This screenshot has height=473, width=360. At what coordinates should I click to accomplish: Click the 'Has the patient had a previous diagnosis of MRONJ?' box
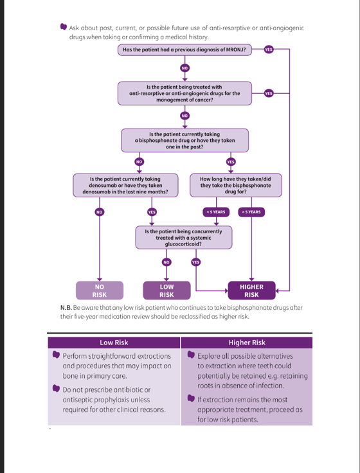(x=184, y=49)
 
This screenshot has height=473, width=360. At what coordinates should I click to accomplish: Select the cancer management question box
(x=184, y=93)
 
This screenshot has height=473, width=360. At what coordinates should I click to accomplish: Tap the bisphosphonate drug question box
(x=184, y=140)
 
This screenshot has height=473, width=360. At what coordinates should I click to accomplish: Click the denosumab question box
(x=125, y=185)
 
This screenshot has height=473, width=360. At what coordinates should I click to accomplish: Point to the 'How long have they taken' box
(x=236, y=185)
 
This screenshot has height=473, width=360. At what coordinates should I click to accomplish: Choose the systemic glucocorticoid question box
(x=184, y=237)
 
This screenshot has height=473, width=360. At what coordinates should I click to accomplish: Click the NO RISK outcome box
(x=100, y=290)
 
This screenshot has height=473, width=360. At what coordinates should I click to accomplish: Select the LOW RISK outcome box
(x=166, y=290)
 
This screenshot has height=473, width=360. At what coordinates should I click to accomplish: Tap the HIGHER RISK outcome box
(x=251, y=290)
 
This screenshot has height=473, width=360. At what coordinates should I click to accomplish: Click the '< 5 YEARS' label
(x=216, y=212)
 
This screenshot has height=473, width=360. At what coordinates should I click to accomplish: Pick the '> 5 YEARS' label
(x=251, y=212)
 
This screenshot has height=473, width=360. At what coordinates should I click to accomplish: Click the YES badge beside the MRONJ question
(x=269, y=49)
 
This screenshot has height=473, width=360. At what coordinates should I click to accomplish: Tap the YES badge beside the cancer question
(x=269, y=94)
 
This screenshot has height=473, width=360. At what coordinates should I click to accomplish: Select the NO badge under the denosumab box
(x=99, y=212)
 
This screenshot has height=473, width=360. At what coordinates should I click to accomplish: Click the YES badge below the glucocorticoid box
(x=196, y=262)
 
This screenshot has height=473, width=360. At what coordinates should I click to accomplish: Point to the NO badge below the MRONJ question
(x=184, y=68)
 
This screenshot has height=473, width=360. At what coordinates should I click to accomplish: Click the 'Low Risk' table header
(x=114, y=343)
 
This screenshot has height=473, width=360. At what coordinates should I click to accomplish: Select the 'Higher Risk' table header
(x=247, y=343)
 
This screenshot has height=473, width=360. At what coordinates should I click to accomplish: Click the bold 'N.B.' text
(x=66, y=308)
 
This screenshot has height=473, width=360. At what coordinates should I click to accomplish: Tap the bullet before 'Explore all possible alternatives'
(x=191, y=355)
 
